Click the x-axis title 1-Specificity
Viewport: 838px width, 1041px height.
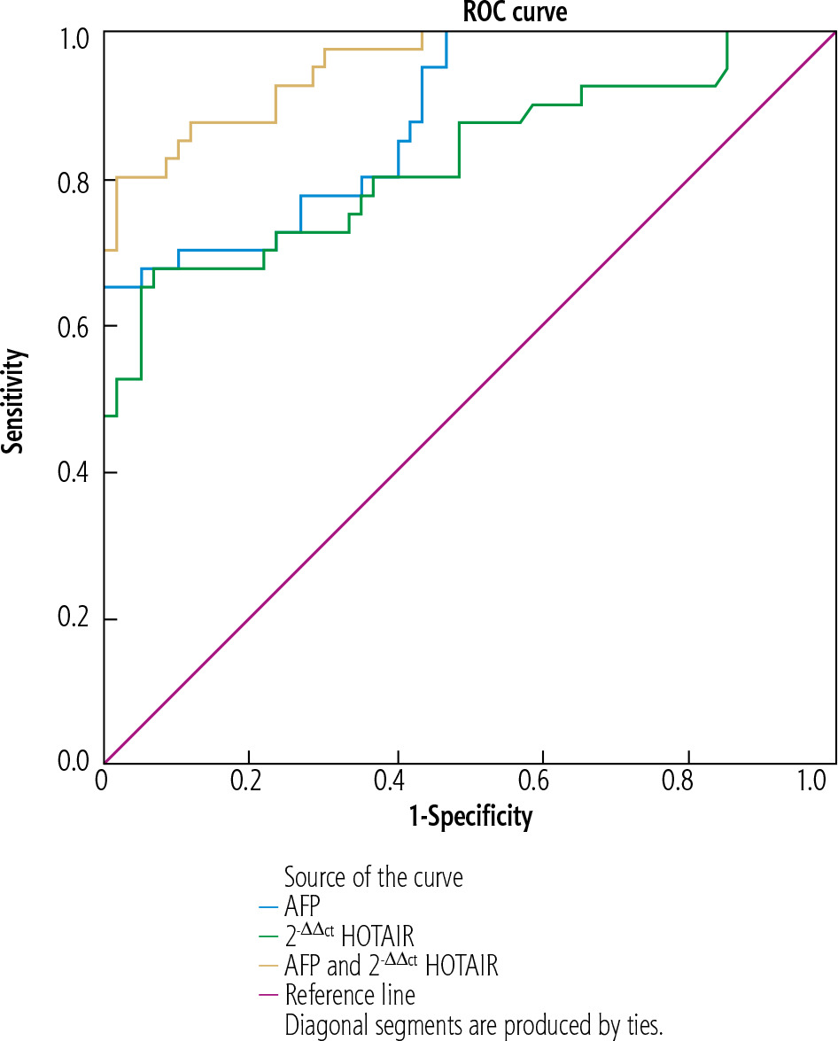pos(470,815)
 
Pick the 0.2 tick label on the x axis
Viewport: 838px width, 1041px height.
pos(251,783)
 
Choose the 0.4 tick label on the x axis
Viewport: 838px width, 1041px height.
pos(397,783)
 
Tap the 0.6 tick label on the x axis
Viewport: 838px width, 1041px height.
pos(543,783)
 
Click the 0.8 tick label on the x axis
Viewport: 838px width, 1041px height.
pos(689,783)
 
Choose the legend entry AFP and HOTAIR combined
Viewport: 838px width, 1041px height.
pos(391,964)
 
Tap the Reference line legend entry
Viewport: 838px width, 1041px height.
pos(349,994)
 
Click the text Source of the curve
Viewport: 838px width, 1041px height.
pos(373,877)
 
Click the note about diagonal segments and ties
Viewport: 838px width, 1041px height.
pos(473,1024)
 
